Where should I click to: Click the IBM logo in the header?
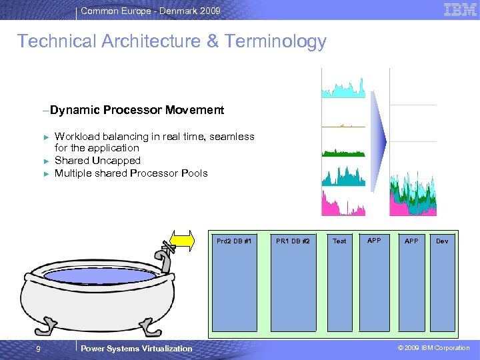460,10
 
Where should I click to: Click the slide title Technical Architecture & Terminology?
172,41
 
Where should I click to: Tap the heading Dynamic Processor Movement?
137,109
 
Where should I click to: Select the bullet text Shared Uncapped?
97,161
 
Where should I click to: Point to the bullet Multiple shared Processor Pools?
131,173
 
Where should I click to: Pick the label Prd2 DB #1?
234,241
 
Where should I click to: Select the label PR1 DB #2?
293,241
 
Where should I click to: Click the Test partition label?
339,241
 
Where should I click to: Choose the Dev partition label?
442,241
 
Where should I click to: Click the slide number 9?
39,348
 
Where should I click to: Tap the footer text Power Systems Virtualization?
136,348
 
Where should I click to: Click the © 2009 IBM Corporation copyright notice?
433,348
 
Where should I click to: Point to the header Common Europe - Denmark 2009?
150,11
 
